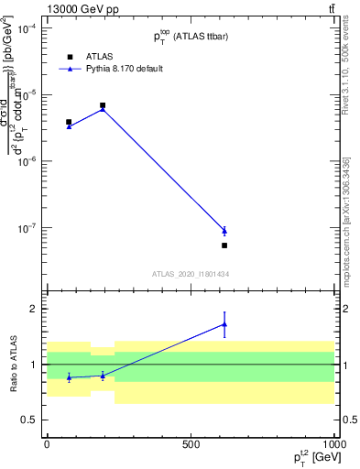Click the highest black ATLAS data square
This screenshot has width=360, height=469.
103,105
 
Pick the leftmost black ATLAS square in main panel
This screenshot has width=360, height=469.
69,122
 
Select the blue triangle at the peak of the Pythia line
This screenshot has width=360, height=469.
103,109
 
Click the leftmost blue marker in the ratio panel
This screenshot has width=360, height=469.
69,377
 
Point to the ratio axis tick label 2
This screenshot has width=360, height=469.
34,309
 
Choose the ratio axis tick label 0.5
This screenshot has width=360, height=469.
29,420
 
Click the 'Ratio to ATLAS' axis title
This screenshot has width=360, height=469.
10,365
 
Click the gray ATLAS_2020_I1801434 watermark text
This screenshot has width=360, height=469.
190,274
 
